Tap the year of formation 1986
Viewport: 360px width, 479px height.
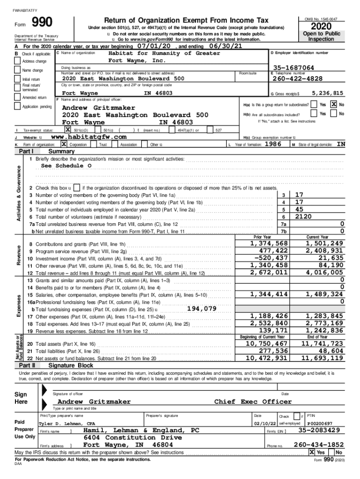(x=273, y=144)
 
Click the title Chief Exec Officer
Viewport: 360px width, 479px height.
(x=252, y=402)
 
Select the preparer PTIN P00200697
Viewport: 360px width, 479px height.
(x=320, y=423)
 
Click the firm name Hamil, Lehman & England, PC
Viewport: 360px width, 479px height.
(x=141, y=430)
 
